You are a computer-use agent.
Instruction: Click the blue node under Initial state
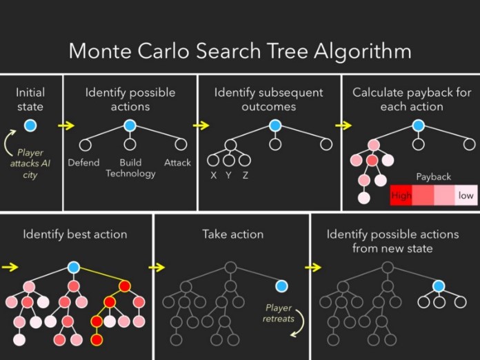coord(30,126)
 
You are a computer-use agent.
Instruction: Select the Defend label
coord(83,163)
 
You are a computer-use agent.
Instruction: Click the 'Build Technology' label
coord(130,168)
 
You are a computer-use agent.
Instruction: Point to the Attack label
coord(177,163)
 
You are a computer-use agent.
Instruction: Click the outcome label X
coord(214,175)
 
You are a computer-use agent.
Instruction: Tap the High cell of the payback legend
coord(401,195)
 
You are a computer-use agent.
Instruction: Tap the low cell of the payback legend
coord(466,195)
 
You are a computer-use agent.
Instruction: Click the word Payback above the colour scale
coord(433,177)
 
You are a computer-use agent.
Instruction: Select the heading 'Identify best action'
coord(74,234)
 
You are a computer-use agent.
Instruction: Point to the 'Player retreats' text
coord(279,313)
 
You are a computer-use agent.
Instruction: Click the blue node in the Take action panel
coord(281,286)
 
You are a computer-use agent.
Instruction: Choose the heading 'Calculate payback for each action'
coord(412,100)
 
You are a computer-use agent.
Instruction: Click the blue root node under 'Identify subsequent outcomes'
coord(275,126)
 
